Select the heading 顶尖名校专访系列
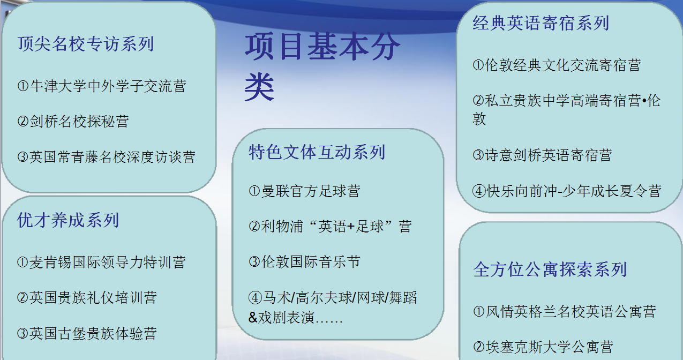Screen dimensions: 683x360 (x=86, y=44)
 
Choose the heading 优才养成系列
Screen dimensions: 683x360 (x=68, y=220)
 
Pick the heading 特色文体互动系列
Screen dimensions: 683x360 (x=317, y=152)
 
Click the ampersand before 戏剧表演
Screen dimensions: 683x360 (x=253, y=317)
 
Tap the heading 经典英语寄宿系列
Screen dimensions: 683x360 (x=541, y=23)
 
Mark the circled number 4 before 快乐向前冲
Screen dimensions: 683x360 (x=479, y=191)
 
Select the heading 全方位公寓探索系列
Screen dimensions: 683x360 (x=550, y=269)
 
